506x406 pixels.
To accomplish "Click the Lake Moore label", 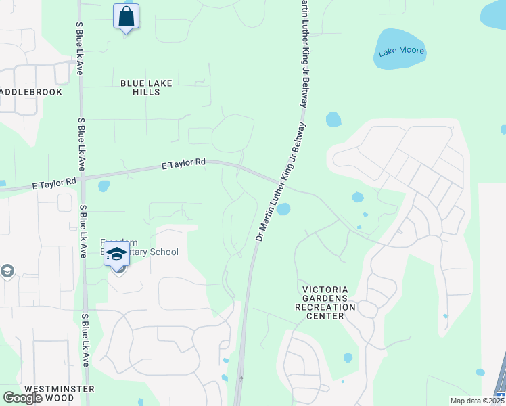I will pos(401,51).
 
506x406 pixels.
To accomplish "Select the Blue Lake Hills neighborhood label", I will pos(146,87).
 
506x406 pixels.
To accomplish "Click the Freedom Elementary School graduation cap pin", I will pos(117,254).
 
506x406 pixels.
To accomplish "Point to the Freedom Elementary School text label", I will pos(139,248).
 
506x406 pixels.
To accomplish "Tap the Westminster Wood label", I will pos(59,394).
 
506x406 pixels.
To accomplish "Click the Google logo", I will pos(22,398).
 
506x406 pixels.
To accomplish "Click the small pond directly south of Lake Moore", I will pos(333,120).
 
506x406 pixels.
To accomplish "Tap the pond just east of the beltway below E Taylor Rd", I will pos(284,208).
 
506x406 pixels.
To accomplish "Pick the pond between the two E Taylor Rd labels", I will pos(103,186).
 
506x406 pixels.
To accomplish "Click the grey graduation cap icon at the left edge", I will pos(7,271).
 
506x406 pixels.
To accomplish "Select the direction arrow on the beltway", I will pos(241,379).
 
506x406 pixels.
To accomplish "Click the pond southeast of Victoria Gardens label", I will pos(348,357).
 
